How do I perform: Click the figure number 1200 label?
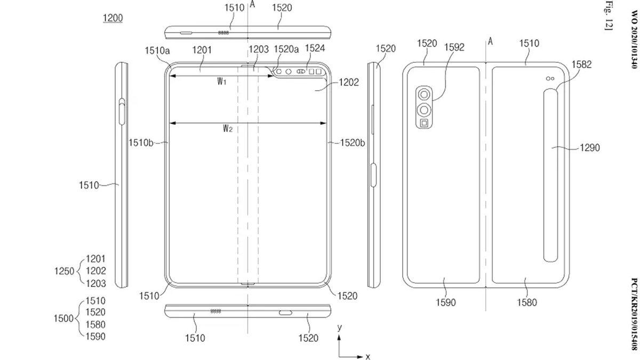pos(113,18)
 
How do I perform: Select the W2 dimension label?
pos(228,128)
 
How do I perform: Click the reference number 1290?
pos(589,148)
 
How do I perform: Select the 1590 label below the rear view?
pos(446,302)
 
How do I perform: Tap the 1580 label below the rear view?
pos(526,302)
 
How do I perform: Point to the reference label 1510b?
pos(141,142)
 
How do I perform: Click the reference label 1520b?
pos(353,142)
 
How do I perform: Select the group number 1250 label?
pos(63,271)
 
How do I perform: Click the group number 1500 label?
pos(63,318)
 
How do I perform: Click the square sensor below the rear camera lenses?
pos(424,124)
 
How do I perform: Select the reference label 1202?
pos(348,83)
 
